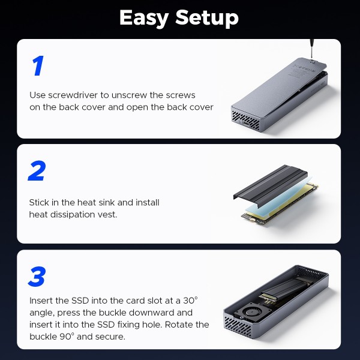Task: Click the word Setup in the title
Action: [x=207, y=18]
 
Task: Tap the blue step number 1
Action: [x=37, y=66]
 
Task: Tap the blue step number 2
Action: [x=37, y=171]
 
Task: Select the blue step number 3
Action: [x=37, y=277]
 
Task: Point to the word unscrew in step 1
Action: [x=133, y=95]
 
